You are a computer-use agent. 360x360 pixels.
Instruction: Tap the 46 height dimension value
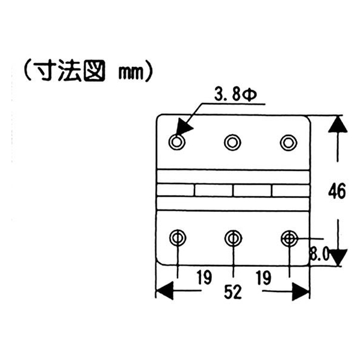[337, 191]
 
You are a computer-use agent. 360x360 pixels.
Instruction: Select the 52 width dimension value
[233, 292]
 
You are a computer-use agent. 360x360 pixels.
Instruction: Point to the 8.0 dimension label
[320, 253]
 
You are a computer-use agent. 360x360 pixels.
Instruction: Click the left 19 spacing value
[204, 278]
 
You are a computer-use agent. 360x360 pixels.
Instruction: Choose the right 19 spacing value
[264, 278]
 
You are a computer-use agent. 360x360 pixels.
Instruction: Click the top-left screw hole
[176, 142]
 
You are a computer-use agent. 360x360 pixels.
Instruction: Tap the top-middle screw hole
[232, 143]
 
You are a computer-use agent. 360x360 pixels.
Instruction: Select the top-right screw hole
[288, 143]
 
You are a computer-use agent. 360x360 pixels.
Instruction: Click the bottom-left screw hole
[178, 238]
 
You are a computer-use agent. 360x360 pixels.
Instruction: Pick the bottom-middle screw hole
[233, 238]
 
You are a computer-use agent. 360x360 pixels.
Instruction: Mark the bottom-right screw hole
[290, 239]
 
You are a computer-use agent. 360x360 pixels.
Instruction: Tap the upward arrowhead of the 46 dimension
[338, 124]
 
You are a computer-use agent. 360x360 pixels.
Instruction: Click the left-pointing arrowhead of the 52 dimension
[164, 291]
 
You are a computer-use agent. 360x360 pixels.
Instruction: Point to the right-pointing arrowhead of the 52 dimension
[300, 292]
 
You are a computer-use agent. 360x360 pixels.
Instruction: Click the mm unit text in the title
[131, 73]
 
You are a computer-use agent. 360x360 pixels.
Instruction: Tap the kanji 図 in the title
[94, 71]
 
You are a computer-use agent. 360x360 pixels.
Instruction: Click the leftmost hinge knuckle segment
[175, 190]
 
